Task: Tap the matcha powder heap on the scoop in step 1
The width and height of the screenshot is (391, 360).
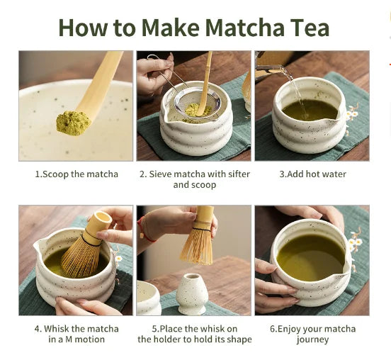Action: [x=72, y=123]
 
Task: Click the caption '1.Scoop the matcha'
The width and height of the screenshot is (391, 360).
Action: [x=76, y=174]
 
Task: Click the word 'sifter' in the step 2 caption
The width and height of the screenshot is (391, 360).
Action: [x=239, y=174]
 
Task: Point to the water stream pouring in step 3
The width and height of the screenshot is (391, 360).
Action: [x=297, y=92]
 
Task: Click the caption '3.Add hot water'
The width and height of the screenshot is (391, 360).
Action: [x=312, y=174]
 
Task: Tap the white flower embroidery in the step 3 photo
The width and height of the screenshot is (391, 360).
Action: [x=353, y=114]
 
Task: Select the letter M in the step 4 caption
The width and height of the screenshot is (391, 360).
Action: [x=69, y=339]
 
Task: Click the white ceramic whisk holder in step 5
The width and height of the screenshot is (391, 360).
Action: [x=191, y=293]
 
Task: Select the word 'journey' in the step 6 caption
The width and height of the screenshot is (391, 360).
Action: [x=312, y=340]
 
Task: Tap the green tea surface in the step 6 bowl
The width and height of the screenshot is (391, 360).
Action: [x=310, y=257]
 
